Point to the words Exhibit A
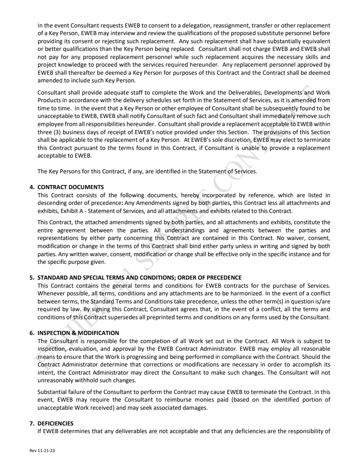point(81,211)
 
